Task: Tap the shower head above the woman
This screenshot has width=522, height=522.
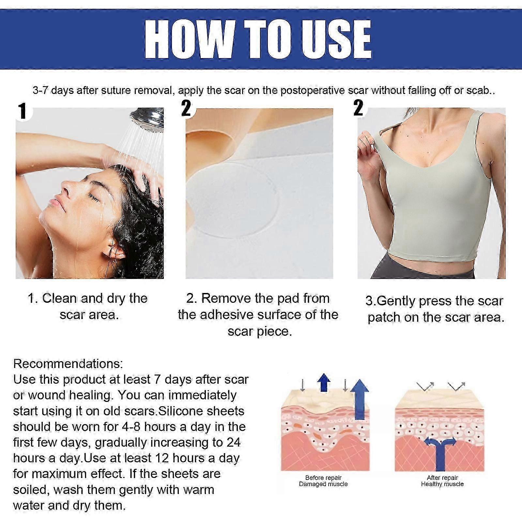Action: tap(146, 121)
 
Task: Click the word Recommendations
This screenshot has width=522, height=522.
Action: tap(68, 363)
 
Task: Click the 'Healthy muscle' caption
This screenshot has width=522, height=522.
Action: tap(442, 484)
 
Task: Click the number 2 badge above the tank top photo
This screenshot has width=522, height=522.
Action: tap(358, 108)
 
